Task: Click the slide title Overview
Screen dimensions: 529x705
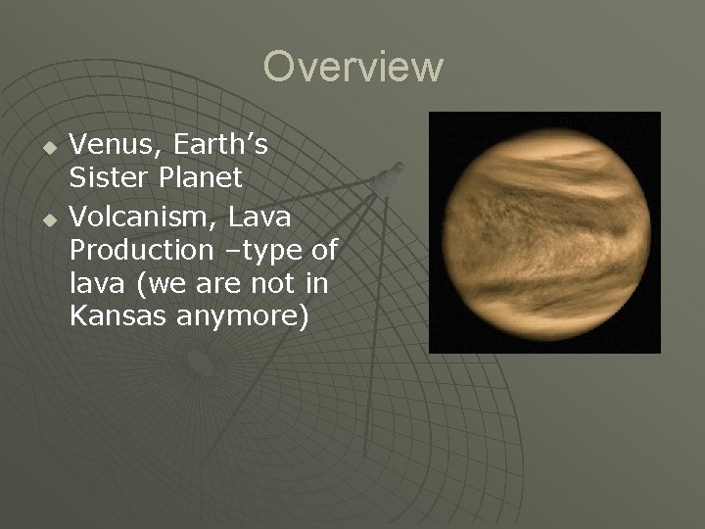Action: click(x=352, y=68)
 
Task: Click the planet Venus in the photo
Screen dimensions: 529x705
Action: click(x=544, y=233)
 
